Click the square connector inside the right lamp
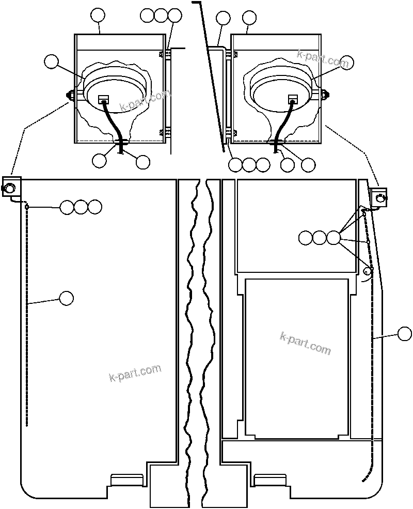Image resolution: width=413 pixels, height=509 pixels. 293,98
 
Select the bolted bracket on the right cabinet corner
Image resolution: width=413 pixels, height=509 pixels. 379,197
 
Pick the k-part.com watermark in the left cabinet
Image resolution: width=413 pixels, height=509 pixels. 135,373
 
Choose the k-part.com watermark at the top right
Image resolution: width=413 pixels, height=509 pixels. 323,59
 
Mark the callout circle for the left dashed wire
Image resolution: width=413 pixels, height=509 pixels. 66,298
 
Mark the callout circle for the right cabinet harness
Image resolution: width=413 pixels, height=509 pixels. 405,334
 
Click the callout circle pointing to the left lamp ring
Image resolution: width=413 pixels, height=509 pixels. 51,61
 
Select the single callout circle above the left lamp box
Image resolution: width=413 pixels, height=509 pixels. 98,16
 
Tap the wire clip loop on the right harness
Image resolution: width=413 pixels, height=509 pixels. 368,271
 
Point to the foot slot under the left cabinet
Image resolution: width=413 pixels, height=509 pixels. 127,480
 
